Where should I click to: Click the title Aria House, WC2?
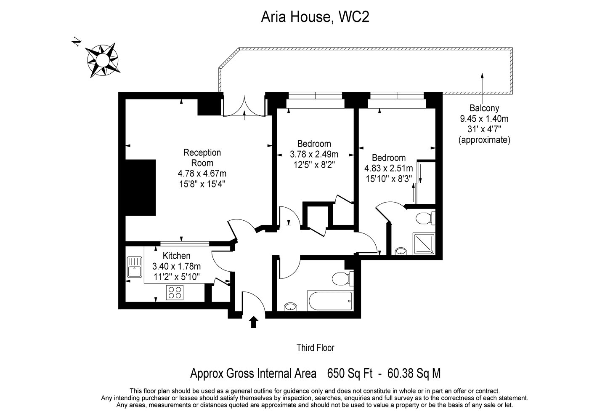pyautogui.click(x=315, y=17)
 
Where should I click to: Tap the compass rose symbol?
pyautogui.click(x=102, y=61)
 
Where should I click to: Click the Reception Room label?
pyautogui.click(x=202, y=158)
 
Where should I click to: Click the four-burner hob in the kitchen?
pyautogui.click(x=175, y=292)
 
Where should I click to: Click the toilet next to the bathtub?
pyautogui.click(x=342, y=278)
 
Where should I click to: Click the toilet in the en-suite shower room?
pyautogui.click(x=426, y=219)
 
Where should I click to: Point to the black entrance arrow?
pyautogui.click(x=253, y=322)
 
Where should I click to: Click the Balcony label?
pyautogui.click(x=484, y=108)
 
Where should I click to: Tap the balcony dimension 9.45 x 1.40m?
pyautogui.click(x=484, y=119)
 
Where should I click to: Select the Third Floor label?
pyautogui.click(x=315, y=348)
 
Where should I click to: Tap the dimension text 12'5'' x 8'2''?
pyautogui.click(x=314, y=164)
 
